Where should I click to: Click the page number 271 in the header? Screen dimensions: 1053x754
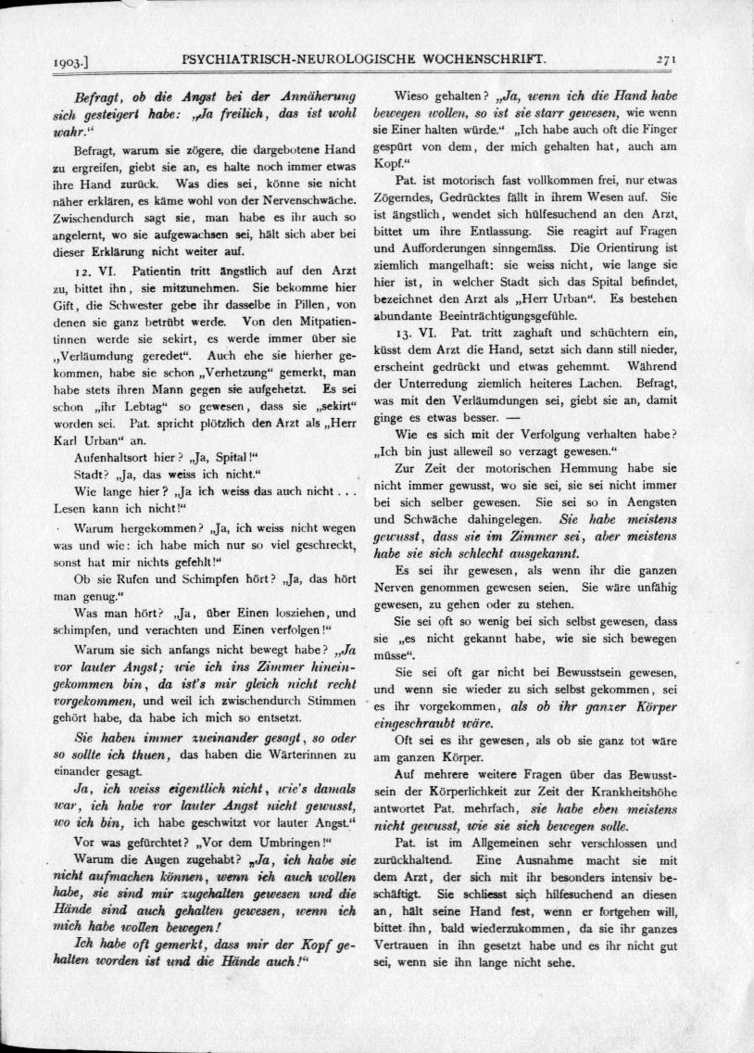667,57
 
